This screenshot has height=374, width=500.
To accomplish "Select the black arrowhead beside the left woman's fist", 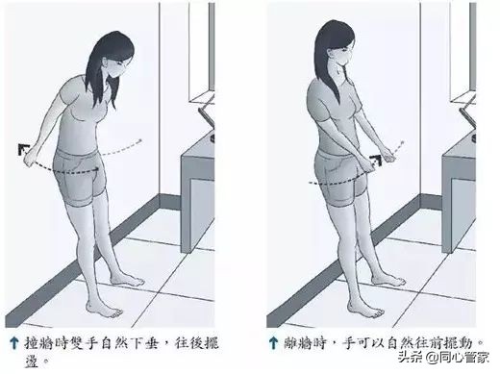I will tap(21, 146).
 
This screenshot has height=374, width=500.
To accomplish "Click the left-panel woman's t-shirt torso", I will tap(87, 115).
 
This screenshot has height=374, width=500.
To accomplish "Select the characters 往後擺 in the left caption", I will tap(192, 339).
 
